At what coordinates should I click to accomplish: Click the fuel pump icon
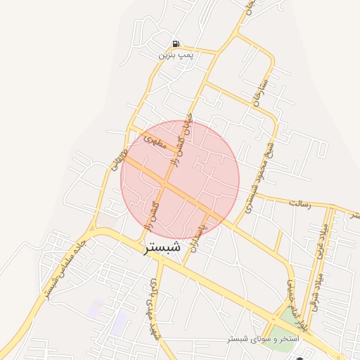coord(175,43)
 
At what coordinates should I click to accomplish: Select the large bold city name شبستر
coord(162,249)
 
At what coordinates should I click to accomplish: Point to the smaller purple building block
coord(95,307)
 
